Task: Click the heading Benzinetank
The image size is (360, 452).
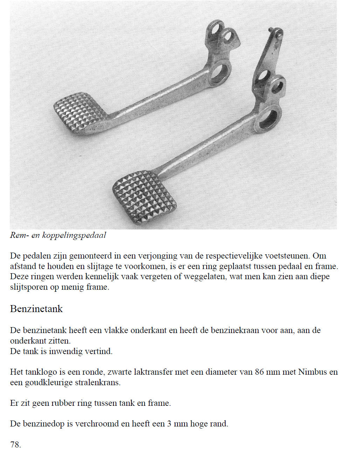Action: [x=36, y=309]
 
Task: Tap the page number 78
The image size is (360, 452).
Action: [x=15, y=445]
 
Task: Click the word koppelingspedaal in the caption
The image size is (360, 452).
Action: [x=74, y=235]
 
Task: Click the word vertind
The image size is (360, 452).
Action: [x=98, y=351]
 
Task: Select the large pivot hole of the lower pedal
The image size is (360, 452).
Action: [x=268, y=119]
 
